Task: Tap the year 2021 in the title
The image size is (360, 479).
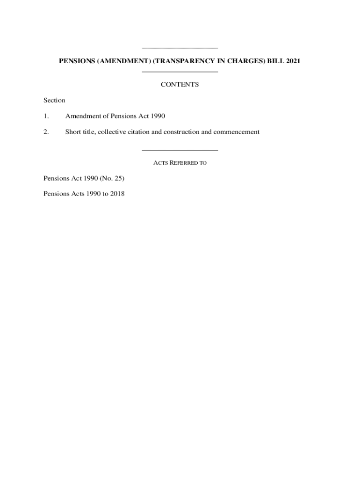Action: pos(291,61)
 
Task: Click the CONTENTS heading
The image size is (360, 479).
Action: pos(180,85)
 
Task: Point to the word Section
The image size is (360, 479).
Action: pos(54,100)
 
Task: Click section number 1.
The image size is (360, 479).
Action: pos(46,116)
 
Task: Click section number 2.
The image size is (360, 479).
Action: pos(46,132)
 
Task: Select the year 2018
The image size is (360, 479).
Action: pos(117,194)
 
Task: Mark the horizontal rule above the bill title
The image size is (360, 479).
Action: pos(180,48)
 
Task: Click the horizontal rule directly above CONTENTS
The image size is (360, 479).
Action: pos(180,72)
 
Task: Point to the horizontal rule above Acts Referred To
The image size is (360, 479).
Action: pos(180,150)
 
